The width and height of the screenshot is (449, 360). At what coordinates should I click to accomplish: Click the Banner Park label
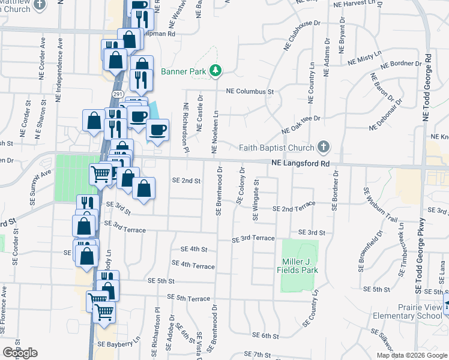tap(182, 72)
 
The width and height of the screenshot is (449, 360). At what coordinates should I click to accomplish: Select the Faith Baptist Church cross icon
tap(324, 147)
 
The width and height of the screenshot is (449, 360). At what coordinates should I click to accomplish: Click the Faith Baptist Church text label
tap(276, 148)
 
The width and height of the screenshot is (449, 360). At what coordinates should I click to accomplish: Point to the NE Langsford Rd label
tap(300, 163)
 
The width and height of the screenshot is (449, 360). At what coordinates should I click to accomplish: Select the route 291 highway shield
tap(117, 94)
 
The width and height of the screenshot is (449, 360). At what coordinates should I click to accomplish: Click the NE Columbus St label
tap(250, 92)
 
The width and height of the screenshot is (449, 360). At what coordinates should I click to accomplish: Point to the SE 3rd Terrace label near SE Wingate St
tap(254, 238)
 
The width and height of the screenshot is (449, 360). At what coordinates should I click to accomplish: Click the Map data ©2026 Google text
tap(412, 355)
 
